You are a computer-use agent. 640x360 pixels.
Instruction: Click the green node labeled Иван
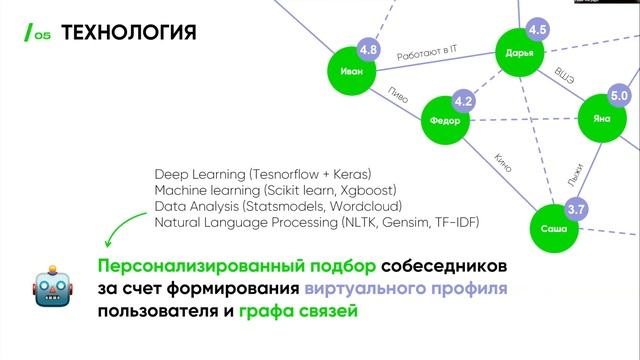point(351,72)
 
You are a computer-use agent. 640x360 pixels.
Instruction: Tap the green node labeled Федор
point(445,121)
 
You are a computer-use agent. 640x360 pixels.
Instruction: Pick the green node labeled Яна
point(601,118)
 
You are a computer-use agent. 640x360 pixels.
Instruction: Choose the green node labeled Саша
point(553,229)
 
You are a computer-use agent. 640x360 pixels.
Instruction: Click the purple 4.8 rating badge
point(368,49)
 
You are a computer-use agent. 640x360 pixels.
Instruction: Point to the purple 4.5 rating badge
point(537,29)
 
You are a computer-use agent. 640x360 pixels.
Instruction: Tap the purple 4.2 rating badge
point(463,102)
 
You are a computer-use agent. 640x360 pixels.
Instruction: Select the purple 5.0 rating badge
point(618,96)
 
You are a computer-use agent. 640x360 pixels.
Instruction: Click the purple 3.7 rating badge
point(576,210)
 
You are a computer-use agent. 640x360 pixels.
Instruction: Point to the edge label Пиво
point(397,95)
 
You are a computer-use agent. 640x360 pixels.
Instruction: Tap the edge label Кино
point(502,162)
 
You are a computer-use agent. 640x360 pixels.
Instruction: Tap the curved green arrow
point(121,225)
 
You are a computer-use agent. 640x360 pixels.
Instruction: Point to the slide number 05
point(42,37)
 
